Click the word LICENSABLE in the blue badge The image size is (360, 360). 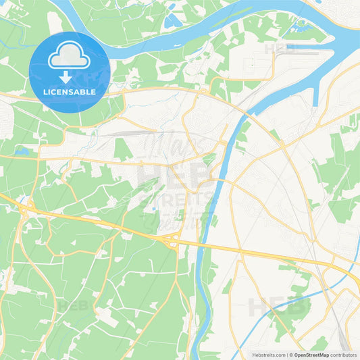pos(70,91)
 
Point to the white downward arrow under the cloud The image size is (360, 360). pos(66,76)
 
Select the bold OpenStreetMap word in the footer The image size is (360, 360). pos(311,355)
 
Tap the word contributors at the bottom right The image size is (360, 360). pos(343,355)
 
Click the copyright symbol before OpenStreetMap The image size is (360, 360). pos(290,355)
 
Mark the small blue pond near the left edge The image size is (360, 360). pos(22,152)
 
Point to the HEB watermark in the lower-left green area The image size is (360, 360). pos(72,306)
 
